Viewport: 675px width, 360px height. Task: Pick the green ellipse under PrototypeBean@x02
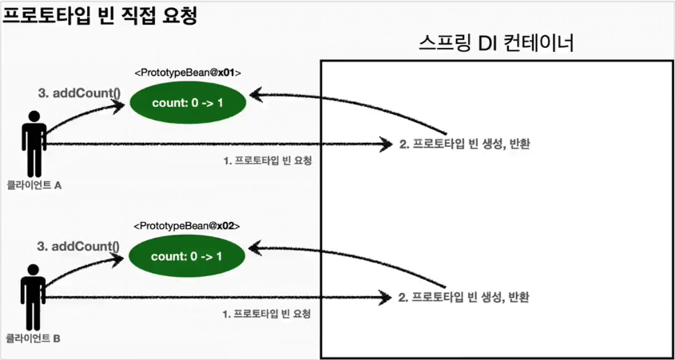188,255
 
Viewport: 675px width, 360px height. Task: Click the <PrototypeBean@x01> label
188,73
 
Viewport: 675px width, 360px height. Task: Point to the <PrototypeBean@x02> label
188,227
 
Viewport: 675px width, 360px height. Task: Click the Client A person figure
34,144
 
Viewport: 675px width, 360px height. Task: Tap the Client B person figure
34,297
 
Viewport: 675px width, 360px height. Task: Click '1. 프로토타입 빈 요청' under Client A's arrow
267,160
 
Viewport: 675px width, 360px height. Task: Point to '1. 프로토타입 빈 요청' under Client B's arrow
267,314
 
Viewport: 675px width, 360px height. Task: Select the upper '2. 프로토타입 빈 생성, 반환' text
465,144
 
